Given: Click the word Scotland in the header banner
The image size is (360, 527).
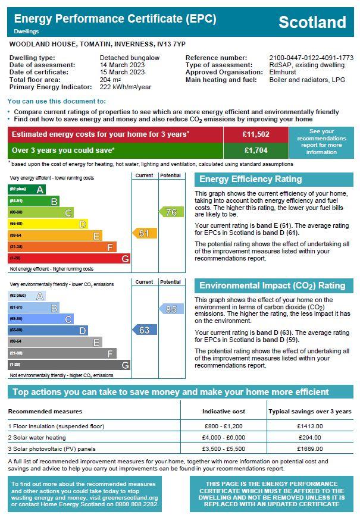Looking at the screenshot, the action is coord(312,22).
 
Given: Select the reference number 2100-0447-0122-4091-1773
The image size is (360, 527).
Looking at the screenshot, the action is coord(311,58).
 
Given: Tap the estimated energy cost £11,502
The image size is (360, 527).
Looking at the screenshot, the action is coord(256,134).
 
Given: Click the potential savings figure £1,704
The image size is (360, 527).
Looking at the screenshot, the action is coord(256,150).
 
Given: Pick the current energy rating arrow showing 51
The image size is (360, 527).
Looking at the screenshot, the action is coord(145,233).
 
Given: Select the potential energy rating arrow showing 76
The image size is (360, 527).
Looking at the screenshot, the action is coord(171,212).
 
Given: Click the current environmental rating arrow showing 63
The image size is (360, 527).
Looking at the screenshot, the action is coord(145,330).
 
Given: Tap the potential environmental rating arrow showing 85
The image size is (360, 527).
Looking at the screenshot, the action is coord(171,309).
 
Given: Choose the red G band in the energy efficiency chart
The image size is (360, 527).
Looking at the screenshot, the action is coord(69,258).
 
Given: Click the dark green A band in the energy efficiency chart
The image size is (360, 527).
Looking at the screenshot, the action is coord(27,189).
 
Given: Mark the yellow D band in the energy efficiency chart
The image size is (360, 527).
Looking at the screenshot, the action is coord(48,224).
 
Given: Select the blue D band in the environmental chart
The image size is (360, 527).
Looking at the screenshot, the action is coord(48,330).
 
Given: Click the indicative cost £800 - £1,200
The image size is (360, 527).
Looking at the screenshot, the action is coord(224,426).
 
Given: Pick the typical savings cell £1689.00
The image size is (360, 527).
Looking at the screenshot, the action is coord(310,448).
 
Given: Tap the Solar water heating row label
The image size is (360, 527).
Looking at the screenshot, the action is coord(37,438).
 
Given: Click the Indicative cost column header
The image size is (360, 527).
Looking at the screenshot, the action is coord(224,412).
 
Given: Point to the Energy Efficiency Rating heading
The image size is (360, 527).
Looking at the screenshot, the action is coord(251,179).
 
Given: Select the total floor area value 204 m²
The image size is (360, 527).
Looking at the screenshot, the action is coord(110,80).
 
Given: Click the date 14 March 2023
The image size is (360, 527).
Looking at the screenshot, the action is coord(122,65).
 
